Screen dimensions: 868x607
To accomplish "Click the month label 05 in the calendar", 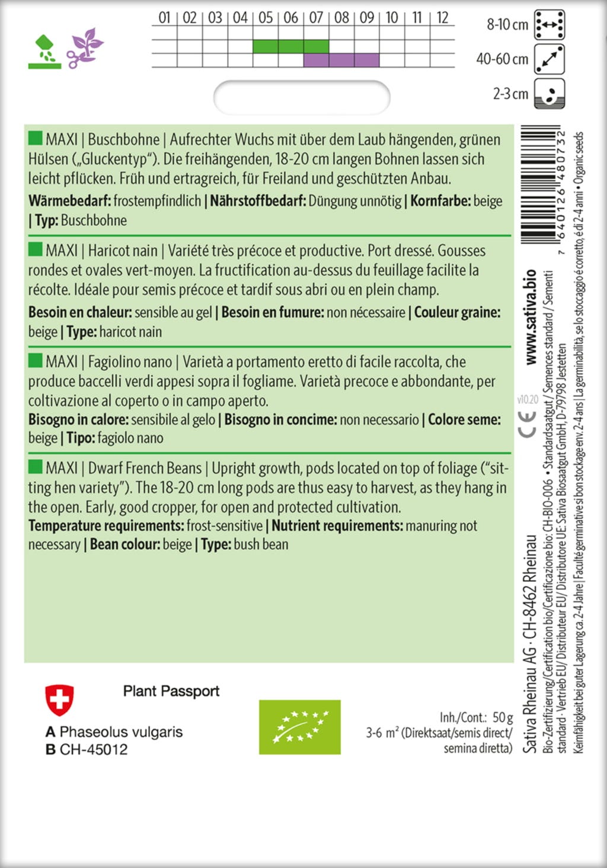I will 266,18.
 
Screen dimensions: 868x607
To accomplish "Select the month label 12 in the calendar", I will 442,18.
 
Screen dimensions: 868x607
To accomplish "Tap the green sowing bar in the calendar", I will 290,46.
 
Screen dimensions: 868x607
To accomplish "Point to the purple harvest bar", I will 341,60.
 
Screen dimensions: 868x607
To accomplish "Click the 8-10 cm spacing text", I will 507,24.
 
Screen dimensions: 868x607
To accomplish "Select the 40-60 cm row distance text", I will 502,59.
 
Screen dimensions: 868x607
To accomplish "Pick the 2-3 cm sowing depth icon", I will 550,94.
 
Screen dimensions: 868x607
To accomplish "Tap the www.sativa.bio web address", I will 531,317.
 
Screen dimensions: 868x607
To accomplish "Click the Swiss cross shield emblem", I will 59,700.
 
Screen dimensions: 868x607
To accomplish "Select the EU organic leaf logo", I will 299,727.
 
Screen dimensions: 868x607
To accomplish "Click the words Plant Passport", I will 171,691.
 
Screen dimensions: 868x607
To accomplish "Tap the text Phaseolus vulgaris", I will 121,732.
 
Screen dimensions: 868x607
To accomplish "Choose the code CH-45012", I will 94,750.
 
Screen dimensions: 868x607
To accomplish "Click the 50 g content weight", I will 502,718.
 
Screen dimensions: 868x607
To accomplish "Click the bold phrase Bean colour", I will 124,544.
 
